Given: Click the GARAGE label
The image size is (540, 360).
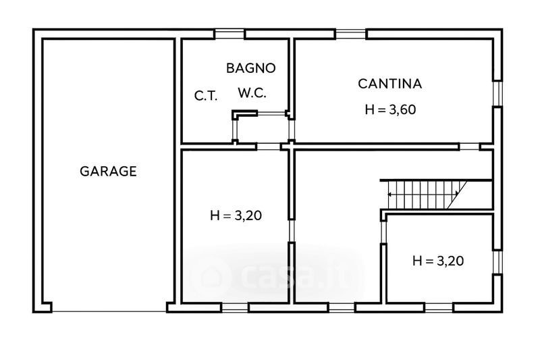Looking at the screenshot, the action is pyautogui.click(x=108, y=171).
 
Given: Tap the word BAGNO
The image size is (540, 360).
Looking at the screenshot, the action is pyautogui.click(x=251, y=68).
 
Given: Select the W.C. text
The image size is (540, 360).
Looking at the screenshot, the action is pyautogui.click(x=252, y=93).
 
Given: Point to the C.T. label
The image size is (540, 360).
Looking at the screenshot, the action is pyautogui.click(x=206, y=95).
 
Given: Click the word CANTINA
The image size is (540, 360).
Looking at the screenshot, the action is pyautogui.click(x=390, y=84).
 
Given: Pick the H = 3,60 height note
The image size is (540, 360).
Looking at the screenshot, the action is pyautogui.click(x=391, y=109).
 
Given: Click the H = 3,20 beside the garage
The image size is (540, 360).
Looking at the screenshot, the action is pyautogui.click(x=236, y=215).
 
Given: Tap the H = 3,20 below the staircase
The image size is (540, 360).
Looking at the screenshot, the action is pyautogui.click(x=438, y=261).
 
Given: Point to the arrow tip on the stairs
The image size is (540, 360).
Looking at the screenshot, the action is pyautogui.click(x=389, y=195).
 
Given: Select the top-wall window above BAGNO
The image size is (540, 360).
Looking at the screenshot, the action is pyautogui.click(x=230, y=34).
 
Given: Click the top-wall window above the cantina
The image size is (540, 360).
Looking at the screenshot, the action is pyautogui.click(x=351, y=34).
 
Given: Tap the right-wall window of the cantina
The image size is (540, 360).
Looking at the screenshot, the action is pyautogui.click(x=497, y=94).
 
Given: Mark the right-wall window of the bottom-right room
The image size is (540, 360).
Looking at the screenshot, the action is pyautogui.click(x=497, y=262).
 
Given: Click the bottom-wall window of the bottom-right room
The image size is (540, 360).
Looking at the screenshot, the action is pyautogui.click(x=439, y=307).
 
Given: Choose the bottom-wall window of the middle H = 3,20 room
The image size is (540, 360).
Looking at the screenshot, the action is pyautogui.click(x=234, y=307).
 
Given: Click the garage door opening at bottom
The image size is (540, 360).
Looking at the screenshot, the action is pyautogui.click(x=109, y=312).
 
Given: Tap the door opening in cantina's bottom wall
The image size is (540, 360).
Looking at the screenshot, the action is pyautogui.click(x=470, y=147).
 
